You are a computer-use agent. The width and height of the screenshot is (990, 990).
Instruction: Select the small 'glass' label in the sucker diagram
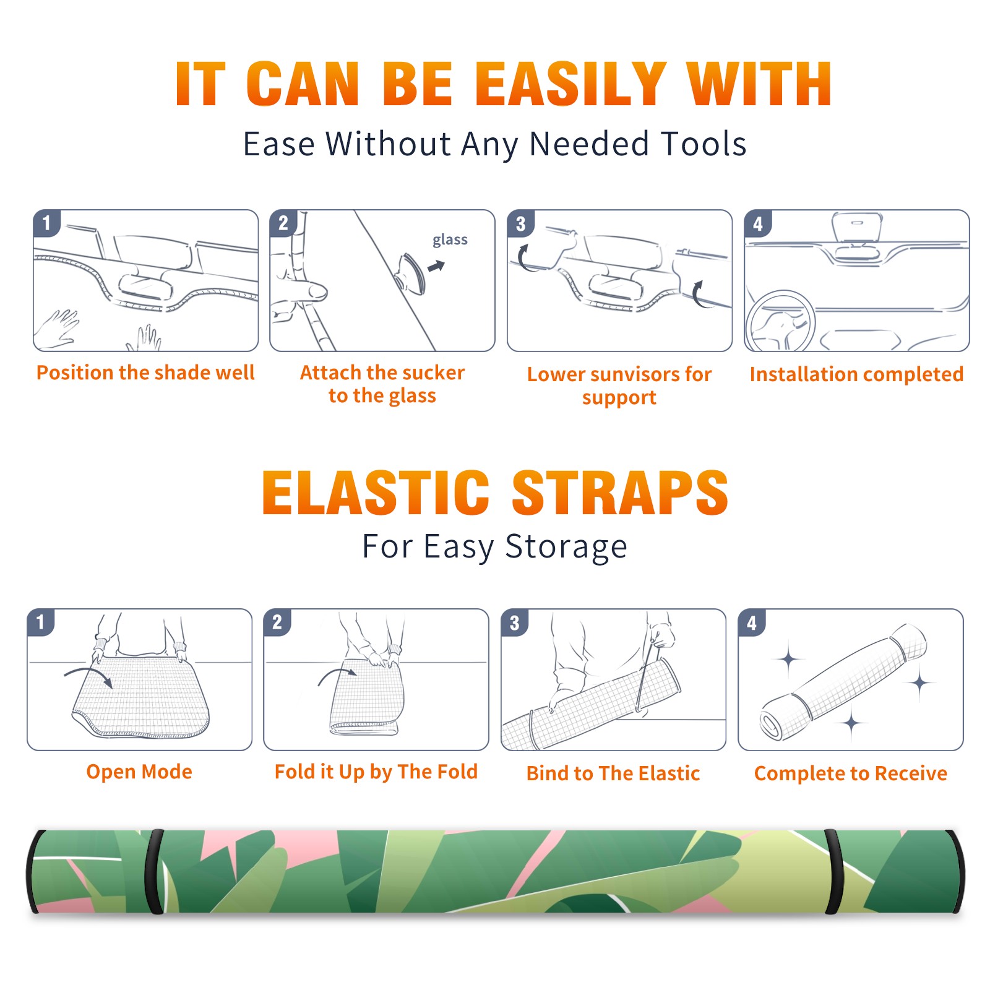tap(450, 240)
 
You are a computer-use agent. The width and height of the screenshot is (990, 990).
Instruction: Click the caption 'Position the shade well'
tap(145, 372)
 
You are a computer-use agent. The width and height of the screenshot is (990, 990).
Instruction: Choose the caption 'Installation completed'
tap(856, 374)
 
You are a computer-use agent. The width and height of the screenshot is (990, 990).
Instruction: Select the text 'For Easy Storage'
tap(495, 546)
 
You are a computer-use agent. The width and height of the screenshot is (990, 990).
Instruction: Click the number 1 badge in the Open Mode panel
tap(41, 622)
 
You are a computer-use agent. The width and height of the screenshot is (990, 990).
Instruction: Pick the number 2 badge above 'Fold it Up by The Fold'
tap(277, 622)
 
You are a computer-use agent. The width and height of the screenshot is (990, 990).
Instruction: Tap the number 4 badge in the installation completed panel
tap(758, 223)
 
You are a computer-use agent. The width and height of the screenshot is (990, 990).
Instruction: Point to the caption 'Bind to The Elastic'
tap(613, 773)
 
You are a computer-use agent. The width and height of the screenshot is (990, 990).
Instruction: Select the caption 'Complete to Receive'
tap(851, 773)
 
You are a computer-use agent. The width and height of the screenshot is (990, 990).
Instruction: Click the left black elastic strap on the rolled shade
tap(154, 871)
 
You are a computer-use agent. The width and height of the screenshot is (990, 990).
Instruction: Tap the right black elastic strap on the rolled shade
tap(834, 871)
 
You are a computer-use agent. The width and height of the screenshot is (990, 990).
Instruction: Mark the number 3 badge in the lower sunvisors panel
tap(520, 223)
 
